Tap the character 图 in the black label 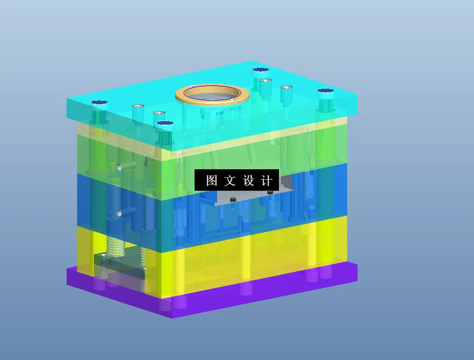coord(211,181)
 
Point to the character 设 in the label coord(249,181)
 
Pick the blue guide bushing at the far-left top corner coord(98,103)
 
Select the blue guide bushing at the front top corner coord(165,124)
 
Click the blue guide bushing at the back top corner coord(260,70)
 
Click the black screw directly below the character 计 coord(270,192)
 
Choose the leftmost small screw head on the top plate coord(138,107)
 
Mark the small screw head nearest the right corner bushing coord(286,88)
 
